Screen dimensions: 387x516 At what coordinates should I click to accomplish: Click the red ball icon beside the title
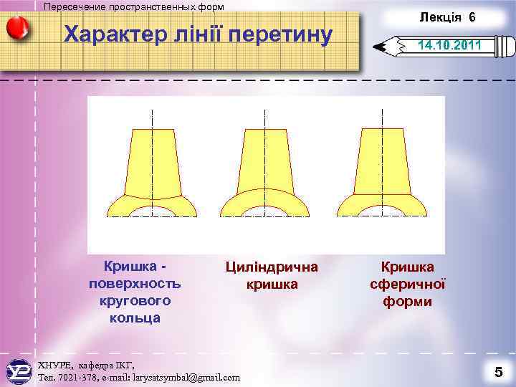17,29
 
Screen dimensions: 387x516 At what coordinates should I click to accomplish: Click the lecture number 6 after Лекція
472,16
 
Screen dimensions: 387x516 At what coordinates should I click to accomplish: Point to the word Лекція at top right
441,16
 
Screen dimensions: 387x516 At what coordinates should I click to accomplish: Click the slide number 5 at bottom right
497,371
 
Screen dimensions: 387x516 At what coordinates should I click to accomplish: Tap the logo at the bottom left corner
18,372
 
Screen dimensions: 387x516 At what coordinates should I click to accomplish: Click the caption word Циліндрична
272,267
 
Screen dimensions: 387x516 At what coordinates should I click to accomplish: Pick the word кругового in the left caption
135,300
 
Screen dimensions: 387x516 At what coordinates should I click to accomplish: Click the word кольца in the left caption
135,317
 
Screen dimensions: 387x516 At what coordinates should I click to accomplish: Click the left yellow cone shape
152,165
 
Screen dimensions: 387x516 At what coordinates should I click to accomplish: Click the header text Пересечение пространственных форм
133,6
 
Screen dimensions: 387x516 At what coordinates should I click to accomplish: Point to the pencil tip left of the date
381,49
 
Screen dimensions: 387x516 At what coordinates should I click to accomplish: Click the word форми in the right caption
407,302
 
